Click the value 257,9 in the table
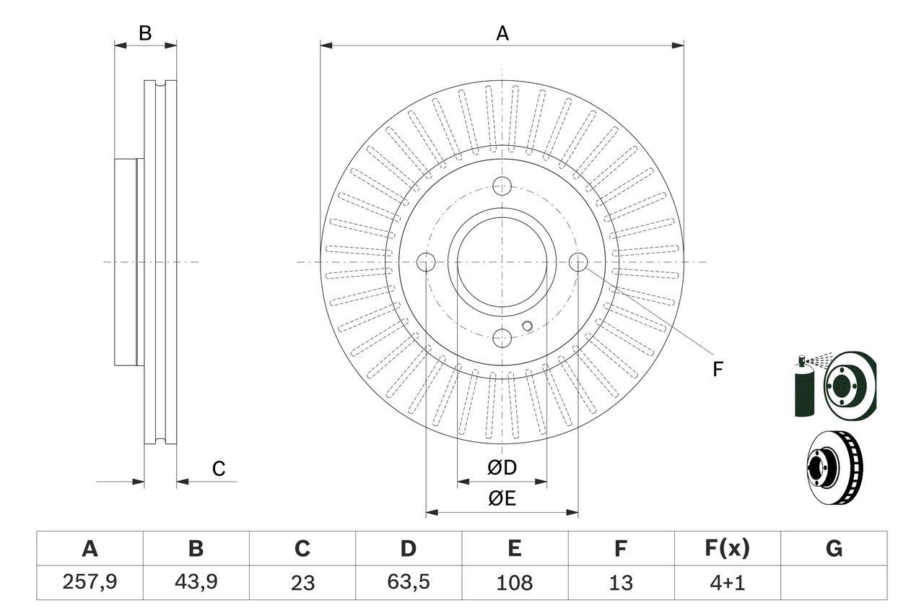(90, 583)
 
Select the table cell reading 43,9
(196, 583)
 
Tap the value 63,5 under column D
(408, 582)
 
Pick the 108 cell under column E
(514, 582)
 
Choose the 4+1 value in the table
(726, 582)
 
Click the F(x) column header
(726, 549)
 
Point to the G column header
(834, 549)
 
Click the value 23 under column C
(302, 583)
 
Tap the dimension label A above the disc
(502, 33)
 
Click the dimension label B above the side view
(145, 33)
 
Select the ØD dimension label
(502, 468)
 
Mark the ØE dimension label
(502, 498)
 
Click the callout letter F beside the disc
(717, 369)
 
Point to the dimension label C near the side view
(219, 469)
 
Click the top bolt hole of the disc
(502, 186)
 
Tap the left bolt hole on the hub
(427, 262)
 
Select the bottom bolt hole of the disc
(502, 338)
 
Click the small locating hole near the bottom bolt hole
(527, 326)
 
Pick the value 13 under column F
(620, 582)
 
